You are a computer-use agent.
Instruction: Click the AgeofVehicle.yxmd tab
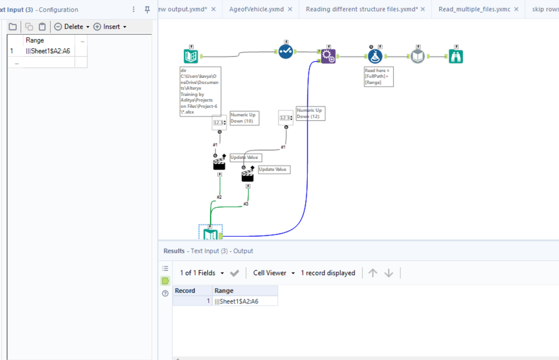256,10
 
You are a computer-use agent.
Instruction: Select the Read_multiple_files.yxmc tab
474,10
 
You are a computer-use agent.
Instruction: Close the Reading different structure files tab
422,10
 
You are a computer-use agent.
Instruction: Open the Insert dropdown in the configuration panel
110,27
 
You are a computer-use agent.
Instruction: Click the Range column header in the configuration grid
35,40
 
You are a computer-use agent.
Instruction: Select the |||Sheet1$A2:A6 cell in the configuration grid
48,51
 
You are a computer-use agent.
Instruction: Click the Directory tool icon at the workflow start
191,56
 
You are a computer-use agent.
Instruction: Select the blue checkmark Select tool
286,52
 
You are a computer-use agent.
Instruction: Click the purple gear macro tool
328,56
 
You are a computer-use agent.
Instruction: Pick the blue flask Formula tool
374,56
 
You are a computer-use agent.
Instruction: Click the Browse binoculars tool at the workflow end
456,56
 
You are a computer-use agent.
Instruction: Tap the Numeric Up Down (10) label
244,118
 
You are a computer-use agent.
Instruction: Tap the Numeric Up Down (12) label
309,113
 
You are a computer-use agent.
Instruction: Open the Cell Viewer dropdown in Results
274,273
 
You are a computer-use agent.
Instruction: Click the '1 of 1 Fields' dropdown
201,273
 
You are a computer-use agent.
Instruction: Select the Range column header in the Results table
224,291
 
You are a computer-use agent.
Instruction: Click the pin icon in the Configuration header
147,10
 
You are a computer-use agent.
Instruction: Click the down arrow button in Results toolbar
388,273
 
